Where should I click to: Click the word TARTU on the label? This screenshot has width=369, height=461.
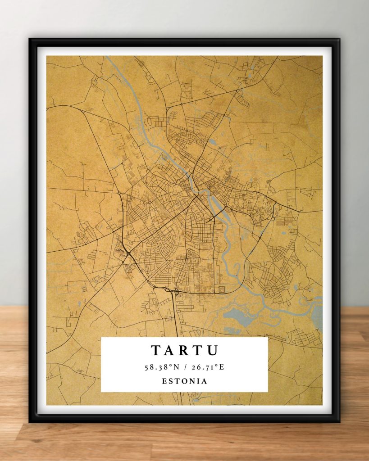185,350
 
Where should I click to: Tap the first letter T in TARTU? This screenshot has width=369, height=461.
155,350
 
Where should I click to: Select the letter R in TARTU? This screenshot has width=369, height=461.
185,350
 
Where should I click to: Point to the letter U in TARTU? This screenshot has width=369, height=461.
213,350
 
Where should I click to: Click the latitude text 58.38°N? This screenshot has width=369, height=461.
162,367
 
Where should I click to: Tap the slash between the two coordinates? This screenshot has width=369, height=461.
185,367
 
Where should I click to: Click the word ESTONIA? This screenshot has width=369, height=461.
185,381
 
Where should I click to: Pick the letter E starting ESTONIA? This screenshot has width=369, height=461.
164,381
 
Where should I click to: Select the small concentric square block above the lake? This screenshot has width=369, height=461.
221,289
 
